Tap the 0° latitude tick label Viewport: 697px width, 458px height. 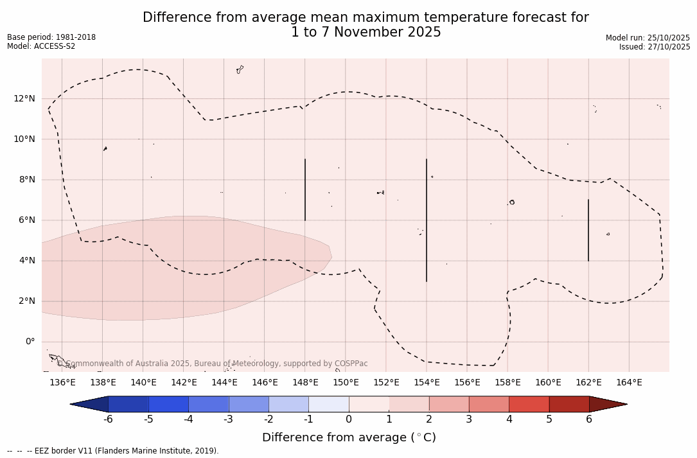[x=30, y=341]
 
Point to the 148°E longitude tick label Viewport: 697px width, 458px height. [x=305, y=383]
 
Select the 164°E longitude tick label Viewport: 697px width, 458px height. [x=629, y=383]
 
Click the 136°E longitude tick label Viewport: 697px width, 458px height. [x=62, y=383]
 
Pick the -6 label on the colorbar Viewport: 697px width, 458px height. [x=108, y=419]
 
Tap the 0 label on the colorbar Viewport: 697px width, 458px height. [x=349, y=419]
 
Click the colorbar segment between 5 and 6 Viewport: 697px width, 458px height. [x=569, y=404]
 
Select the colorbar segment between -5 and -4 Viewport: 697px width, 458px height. [x=168, y=404]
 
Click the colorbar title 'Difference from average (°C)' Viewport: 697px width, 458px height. [x=349, y=437]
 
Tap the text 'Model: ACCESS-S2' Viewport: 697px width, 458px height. [x=41, y=46]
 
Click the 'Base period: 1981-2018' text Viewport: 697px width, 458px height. [x=51, y=37]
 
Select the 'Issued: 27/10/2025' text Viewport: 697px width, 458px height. [x=655, y=47]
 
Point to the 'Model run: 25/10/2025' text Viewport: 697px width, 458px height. [x=648, y=38]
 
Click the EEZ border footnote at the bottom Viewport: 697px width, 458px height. [x=113, y=451]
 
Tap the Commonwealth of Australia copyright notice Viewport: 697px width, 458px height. [x=213, y=364]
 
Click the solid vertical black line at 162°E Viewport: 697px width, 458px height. [x=588, y=230]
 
